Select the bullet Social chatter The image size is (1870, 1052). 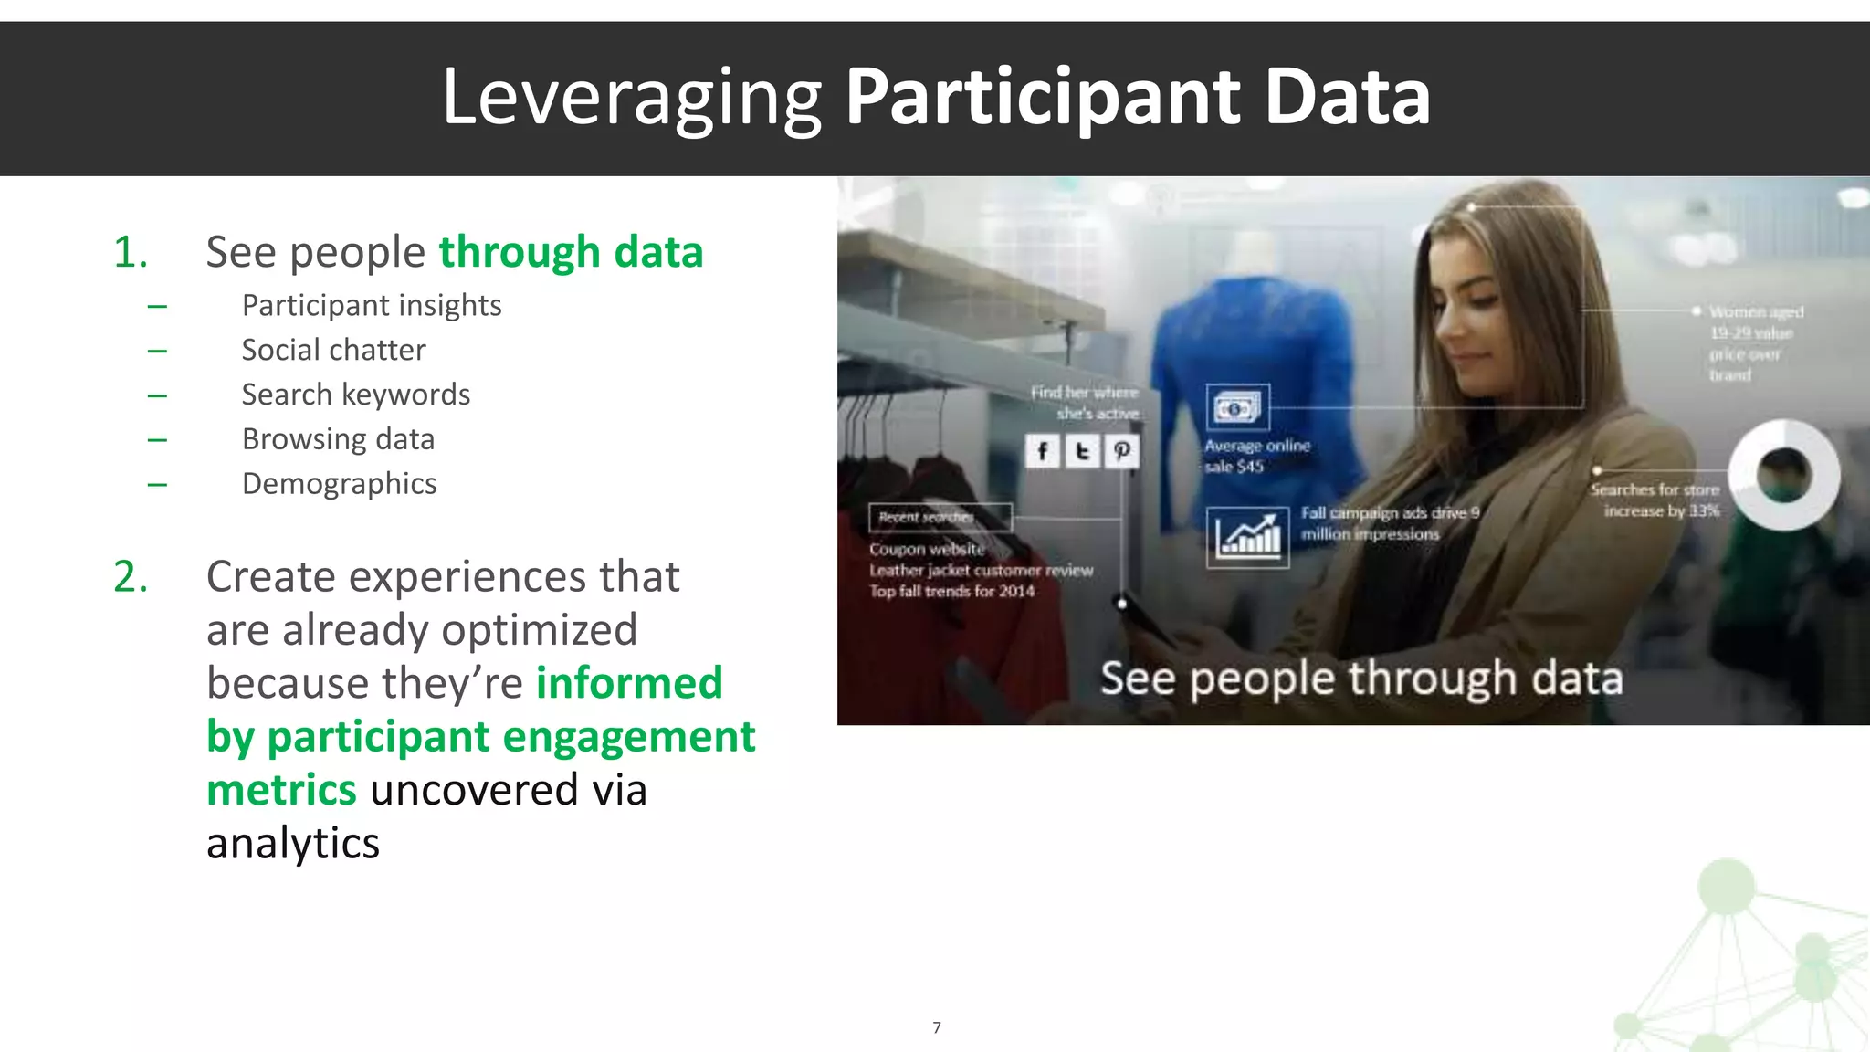point(333,350)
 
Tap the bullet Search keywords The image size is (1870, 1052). point(355,394)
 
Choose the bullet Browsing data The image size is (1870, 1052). point(338,439)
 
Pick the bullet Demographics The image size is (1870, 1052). point(339,483)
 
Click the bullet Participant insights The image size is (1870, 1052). point(371,305)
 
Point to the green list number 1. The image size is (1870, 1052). point(130,252)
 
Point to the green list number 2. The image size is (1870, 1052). point(130,577)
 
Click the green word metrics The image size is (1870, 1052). point(281,790)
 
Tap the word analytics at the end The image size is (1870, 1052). point(292,843)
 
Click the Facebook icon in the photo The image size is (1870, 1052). point(1042,451)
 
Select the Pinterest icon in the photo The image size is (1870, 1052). point(1122,451)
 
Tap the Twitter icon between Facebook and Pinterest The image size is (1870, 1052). point(1082,451)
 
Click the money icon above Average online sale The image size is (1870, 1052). point(1237,408)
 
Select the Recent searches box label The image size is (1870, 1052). point(939,517)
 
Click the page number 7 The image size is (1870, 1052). point(936,1027)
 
